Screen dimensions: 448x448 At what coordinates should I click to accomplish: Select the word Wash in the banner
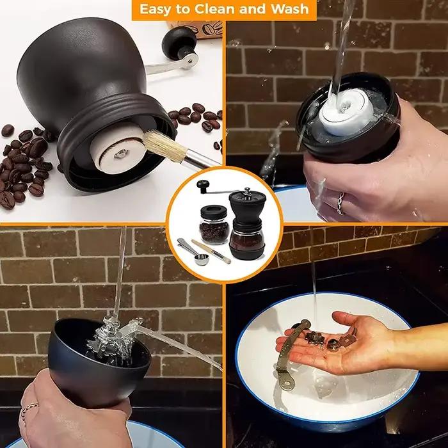click(289, 9)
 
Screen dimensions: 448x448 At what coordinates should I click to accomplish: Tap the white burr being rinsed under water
click(346, 111)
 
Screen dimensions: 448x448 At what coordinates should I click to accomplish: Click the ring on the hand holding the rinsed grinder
click(340, 203)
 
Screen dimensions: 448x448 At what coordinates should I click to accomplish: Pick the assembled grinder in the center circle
click(247, 223)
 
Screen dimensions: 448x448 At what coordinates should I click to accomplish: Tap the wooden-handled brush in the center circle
click(211, 252)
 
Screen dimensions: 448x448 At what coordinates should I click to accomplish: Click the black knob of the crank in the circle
click(203, 186)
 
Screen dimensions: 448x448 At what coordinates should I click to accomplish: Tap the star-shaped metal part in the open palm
click(315, 338)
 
